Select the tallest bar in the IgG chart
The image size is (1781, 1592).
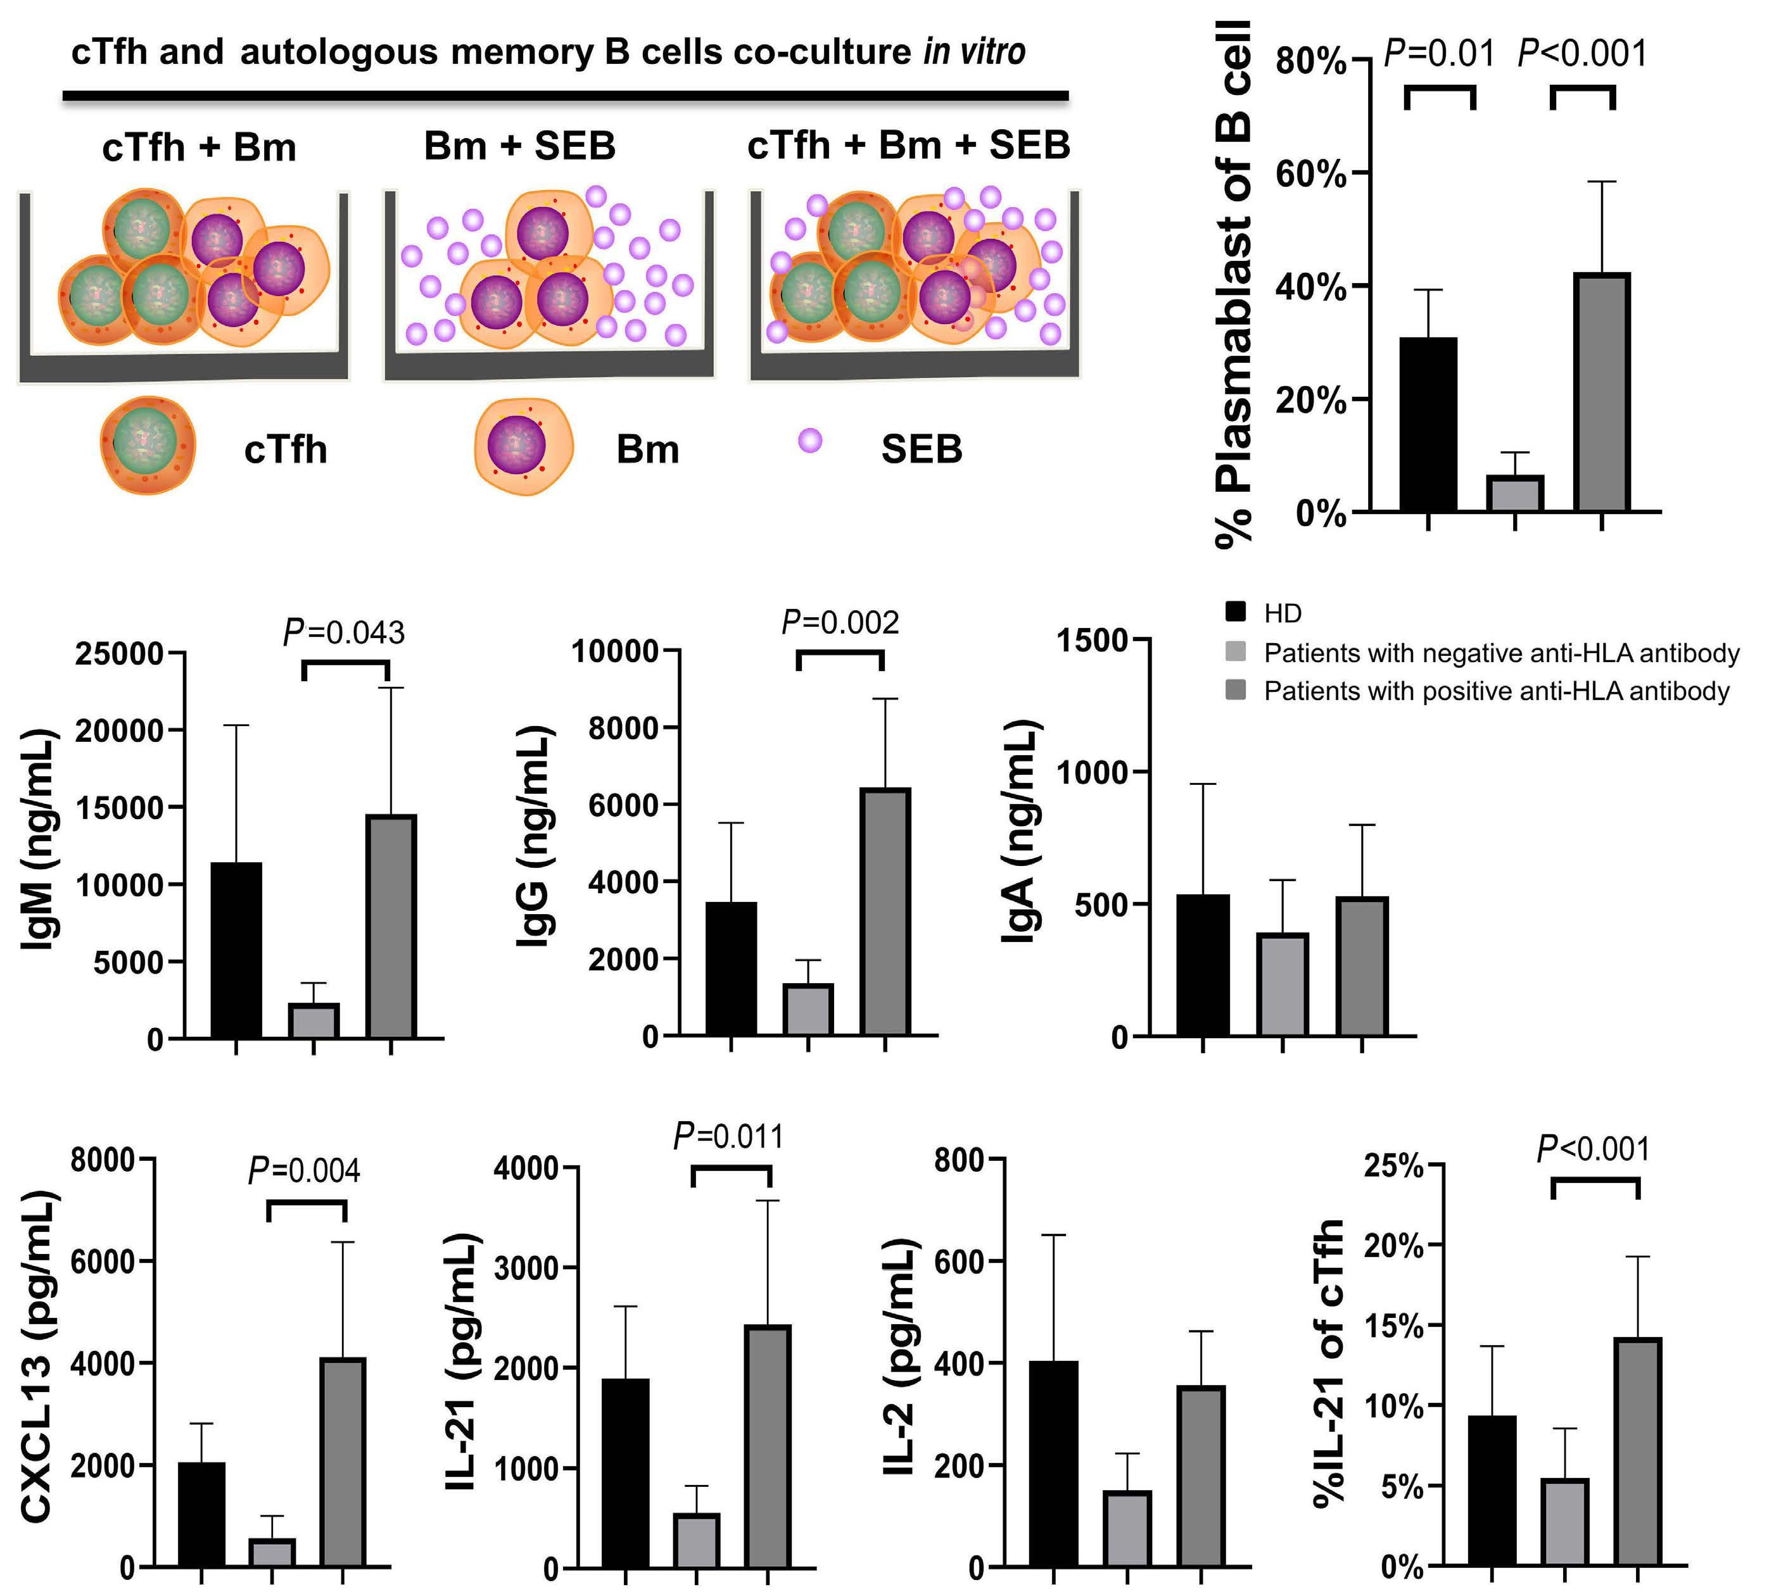[x=885, y=912]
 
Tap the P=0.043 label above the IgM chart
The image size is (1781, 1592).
[x=344, y=632]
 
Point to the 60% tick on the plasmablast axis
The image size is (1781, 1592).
[x=1310, y=174]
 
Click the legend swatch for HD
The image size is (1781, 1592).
[x=1235, y=612]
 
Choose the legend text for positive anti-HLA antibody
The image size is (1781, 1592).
[x=1497, y=691]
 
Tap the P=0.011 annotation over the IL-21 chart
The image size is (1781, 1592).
[x=728, y=1137]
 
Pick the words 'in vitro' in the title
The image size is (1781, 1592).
[x=974, y=52]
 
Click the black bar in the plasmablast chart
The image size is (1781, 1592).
[x=1428, y=423]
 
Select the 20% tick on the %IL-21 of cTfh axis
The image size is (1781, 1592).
[x=1393, y=1246]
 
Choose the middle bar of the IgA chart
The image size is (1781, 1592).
[x=1282, y=984]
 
